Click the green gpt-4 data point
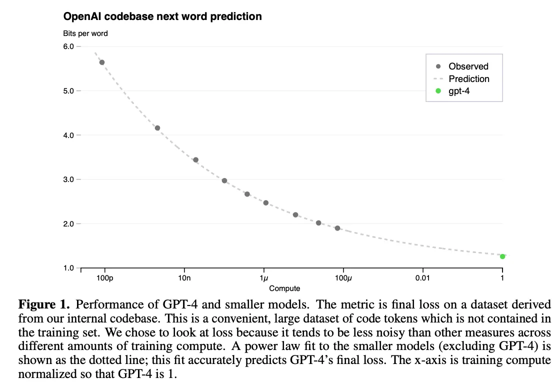(502, 256)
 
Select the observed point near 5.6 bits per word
(102, 62)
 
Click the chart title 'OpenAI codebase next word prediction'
(162, 16)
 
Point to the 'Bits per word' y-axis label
(85, 33)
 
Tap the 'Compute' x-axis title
(284, 288)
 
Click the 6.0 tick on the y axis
(68, 46)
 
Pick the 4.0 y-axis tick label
(68, 135)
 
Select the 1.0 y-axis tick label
(68, 268)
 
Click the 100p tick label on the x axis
(105, 278)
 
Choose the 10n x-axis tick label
(184, 278)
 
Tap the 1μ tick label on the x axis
(264, 278)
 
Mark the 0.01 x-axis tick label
(422, 278)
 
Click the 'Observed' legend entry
(468, 66)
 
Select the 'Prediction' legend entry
(468, 79)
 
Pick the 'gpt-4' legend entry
(459, 91)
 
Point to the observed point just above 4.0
(157, 128)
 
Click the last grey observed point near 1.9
(337, 228)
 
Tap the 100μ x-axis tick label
(343, 278)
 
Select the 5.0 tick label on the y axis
(68, 91)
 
